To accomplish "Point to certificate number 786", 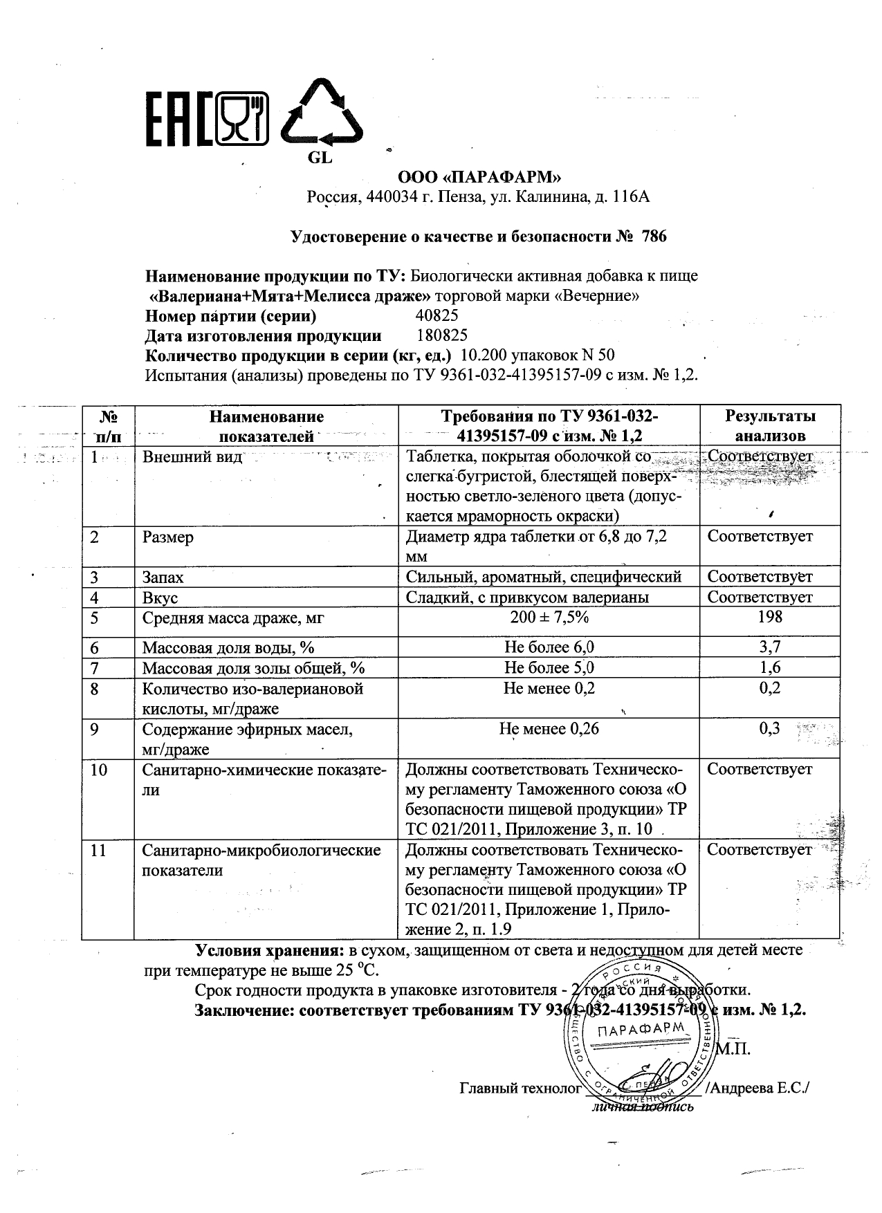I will click(654, 237).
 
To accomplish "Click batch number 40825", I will click(438, 316).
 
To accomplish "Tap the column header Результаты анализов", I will click(770, 425).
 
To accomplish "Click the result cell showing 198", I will click(770, 617).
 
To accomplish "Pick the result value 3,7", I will click(770, 647).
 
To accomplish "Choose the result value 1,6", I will click(770, 667).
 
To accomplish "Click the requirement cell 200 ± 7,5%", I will click(549, 617).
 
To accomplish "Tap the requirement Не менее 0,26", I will click(549, 728).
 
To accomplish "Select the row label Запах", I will click(163, 577).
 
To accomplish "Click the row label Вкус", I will click(160, 597).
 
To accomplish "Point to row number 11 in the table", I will click(99, 850).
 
